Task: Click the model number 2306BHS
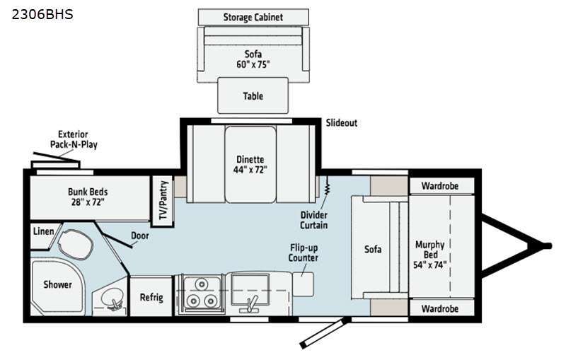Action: pos(42,14)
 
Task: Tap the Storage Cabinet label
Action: pos(253,17)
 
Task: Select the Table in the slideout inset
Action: pos(253,95)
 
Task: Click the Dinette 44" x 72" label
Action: pos(250,165)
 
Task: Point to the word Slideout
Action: pos(342,122)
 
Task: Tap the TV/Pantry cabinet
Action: pos(163,201)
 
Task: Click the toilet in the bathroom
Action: pos(75,245)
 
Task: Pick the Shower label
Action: pos(58,284)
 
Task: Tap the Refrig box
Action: pos(151,296)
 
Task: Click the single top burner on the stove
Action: pos(202,284)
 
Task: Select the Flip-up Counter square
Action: pos(303,284)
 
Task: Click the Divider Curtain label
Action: pos(314,220)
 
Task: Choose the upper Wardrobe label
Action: pos(440,186)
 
